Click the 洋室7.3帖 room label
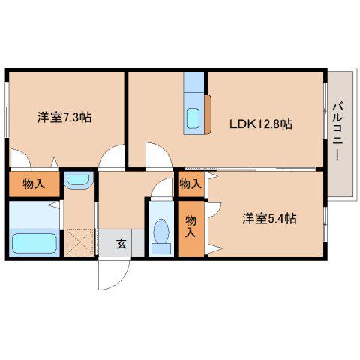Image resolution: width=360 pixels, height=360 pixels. (64, 118)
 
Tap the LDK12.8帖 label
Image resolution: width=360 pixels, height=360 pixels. (261, 124)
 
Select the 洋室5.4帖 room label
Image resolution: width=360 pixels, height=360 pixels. (269, 219)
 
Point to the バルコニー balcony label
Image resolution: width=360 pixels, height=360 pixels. (337, 130)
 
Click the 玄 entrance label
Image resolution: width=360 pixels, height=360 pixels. (121, 244)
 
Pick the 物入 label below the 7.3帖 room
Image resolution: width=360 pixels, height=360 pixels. (34, 184)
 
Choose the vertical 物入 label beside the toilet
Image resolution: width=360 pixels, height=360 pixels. (190, 226)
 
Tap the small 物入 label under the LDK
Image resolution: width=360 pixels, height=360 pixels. (190, 184)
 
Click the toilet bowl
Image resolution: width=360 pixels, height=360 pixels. (161, 231)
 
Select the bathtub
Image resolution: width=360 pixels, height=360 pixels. (34, 243)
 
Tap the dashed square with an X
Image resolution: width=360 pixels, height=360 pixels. (80, 242)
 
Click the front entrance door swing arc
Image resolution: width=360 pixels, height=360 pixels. (122, 280)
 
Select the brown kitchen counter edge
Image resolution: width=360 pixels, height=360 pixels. (208, 114)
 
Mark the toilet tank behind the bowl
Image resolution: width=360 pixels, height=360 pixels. (161, 249)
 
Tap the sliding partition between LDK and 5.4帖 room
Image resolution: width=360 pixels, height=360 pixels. (250, 169)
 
